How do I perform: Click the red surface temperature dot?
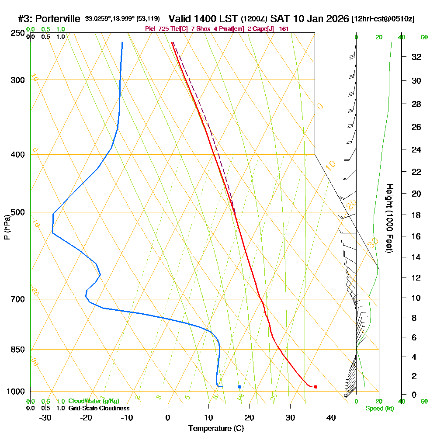pyautogui.click(x=316, y=387)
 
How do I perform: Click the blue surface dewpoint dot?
pyautogui.click(x=239, y=387)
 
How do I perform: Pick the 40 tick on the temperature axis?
pyautogui.click(x=331, y=417)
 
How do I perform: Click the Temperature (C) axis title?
pyautogui.click(x=216, y=428)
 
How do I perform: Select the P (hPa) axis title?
pyautogui.click(x=7, y=227)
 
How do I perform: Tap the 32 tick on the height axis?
pyautogui.click(x=416, y=56)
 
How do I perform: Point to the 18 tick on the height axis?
pyautogui.click(x=416, y=215)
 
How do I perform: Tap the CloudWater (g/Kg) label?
pyautogui.click(x=94, y=401)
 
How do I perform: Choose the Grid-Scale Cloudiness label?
pyautogui.click(x=98, y=408)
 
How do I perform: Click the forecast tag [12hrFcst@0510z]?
pyautogui.click(x=383, y=19)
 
